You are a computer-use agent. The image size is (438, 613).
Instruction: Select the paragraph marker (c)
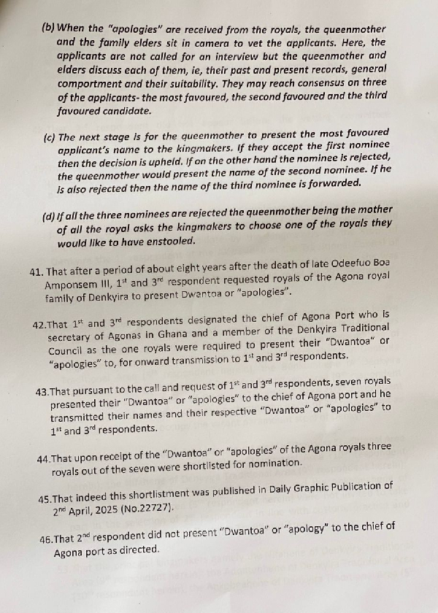[50, 136]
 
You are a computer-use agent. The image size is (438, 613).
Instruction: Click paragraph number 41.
[36, 271]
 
